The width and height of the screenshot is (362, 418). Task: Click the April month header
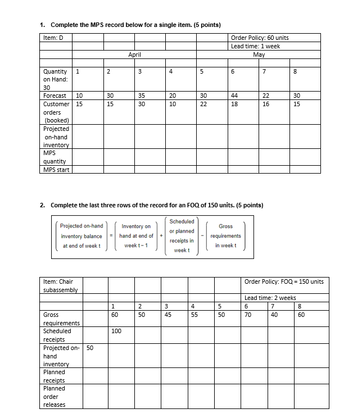point(134,55)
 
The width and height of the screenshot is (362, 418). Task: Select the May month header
point(259,55)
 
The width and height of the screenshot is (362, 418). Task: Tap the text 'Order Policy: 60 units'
point(260,38)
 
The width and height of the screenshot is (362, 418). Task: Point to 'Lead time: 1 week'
point(255,46)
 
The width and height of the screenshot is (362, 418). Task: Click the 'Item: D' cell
point(53,38)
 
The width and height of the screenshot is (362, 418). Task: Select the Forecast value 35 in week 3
point(141,96)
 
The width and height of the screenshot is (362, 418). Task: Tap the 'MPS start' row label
point(56,170)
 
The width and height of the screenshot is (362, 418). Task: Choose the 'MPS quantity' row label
point(55,157)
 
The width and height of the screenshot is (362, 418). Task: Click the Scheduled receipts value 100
point(116,331)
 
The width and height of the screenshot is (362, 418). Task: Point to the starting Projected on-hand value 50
point(90,348)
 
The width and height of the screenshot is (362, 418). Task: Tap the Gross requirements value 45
point(168,315)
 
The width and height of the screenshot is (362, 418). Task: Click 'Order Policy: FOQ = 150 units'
point(284,281)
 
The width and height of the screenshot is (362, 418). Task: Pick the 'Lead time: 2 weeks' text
point(270,298)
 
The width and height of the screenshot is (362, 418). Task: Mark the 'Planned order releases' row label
point(55,397)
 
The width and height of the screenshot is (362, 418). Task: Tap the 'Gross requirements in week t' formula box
point(229,236)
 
